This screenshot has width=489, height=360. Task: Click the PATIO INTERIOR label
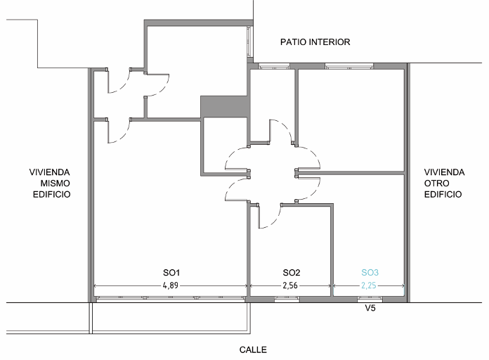[x=315, y=42]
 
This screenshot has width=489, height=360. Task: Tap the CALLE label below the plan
[x=253, y=349]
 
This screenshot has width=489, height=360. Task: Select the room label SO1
[x=171, y=273]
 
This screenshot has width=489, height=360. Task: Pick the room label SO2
[x=292, y=273]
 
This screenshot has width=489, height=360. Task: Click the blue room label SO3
[x=370, y=273]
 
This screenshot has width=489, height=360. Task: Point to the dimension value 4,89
[x=170, y=285]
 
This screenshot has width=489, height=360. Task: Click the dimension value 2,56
[x=290, y=285]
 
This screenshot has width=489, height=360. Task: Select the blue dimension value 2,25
[x=369, y=285]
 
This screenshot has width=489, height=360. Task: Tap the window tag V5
[x=370, y=308]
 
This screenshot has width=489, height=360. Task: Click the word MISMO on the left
[x=55, y=184]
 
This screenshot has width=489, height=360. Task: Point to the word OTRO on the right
[x=436, y=184]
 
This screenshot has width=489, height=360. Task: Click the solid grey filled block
[x=225, y=106]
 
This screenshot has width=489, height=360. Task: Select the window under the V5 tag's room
[x=370, y=300]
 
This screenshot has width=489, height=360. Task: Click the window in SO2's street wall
[x=287, y=300]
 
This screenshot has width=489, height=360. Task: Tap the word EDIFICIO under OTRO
[x=443, y=194]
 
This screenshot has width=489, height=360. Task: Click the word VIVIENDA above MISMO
[x=50, y=172]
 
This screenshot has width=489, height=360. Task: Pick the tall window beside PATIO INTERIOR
[x=249, y=42]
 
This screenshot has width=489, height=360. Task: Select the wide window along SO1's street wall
[x=170, y=299]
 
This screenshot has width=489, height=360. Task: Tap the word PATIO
[x=292, y=42]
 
